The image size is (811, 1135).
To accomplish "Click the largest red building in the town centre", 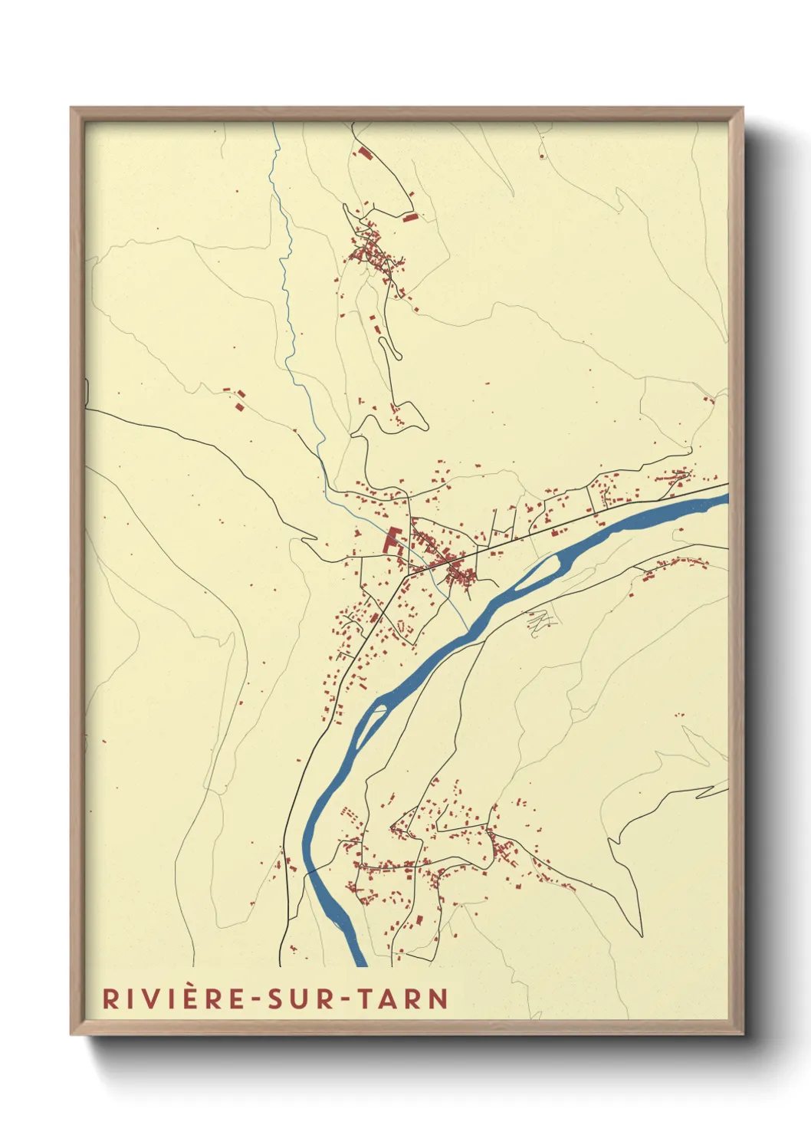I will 392,540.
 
